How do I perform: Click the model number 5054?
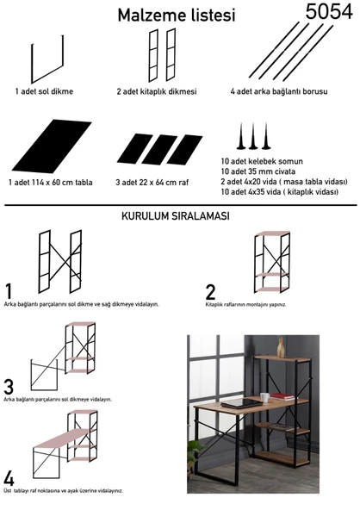[329, 11]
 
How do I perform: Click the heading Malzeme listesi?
[177, 16]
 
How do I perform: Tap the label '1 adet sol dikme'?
[44, 91]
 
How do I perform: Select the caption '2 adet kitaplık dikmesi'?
[157, 91]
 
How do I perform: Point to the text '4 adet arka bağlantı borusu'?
[279, 91]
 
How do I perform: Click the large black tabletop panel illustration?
[52, 146]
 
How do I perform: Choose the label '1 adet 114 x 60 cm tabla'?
[51, 182]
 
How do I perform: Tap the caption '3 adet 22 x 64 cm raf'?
[152, 182]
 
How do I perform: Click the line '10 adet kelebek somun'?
[262, 161]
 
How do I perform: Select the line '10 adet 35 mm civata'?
[258, 171]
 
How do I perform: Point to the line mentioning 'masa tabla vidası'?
[284, 182]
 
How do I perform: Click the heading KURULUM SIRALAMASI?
[176, 216]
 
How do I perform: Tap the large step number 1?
[9, 291]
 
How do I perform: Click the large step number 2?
[210, 292]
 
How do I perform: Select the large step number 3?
[9, 387]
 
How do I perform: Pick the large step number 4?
[9, 479]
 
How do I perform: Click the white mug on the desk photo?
[264, 397]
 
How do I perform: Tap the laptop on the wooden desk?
[241, 404]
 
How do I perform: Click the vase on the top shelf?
[280, 348]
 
